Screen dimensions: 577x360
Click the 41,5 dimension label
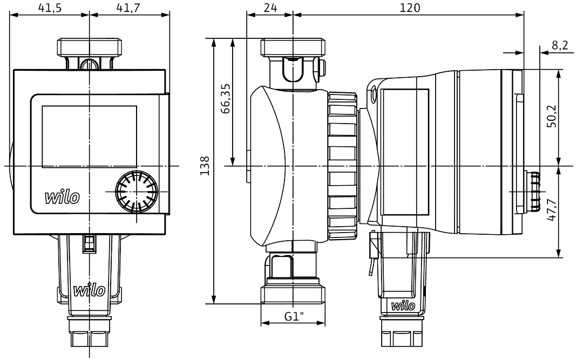[50, 8]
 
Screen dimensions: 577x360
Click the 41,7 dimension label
[128, 8]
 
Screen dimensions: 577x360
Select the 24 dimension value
[270, 8]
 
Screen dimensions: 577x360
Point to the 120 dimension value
[410, 8]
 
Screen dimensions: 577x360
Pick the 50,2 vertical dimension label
[552, 116]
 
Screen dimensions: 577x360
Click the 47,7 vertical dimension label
[552, 209]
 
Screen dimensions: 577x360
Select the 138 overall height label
[205, 166]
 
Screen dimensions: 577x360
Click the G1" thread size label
[294, 316]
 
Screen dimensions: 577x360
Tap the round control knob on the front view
[137, 192]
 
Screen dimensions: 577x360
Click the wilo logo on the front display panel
[62, 197]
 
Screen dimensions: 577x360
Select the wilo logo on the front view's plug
[90, 290]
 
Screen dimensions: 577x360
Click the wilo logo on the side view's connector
[403, 305]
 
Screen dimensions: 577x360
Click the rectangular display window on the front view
[90, 137]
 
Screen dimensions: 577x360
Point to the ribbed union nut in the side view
[343, 166]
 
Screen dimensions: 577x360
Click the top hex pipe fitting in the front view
[90, 47]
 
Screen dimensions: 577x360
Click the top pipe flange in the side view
[293, 47]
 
